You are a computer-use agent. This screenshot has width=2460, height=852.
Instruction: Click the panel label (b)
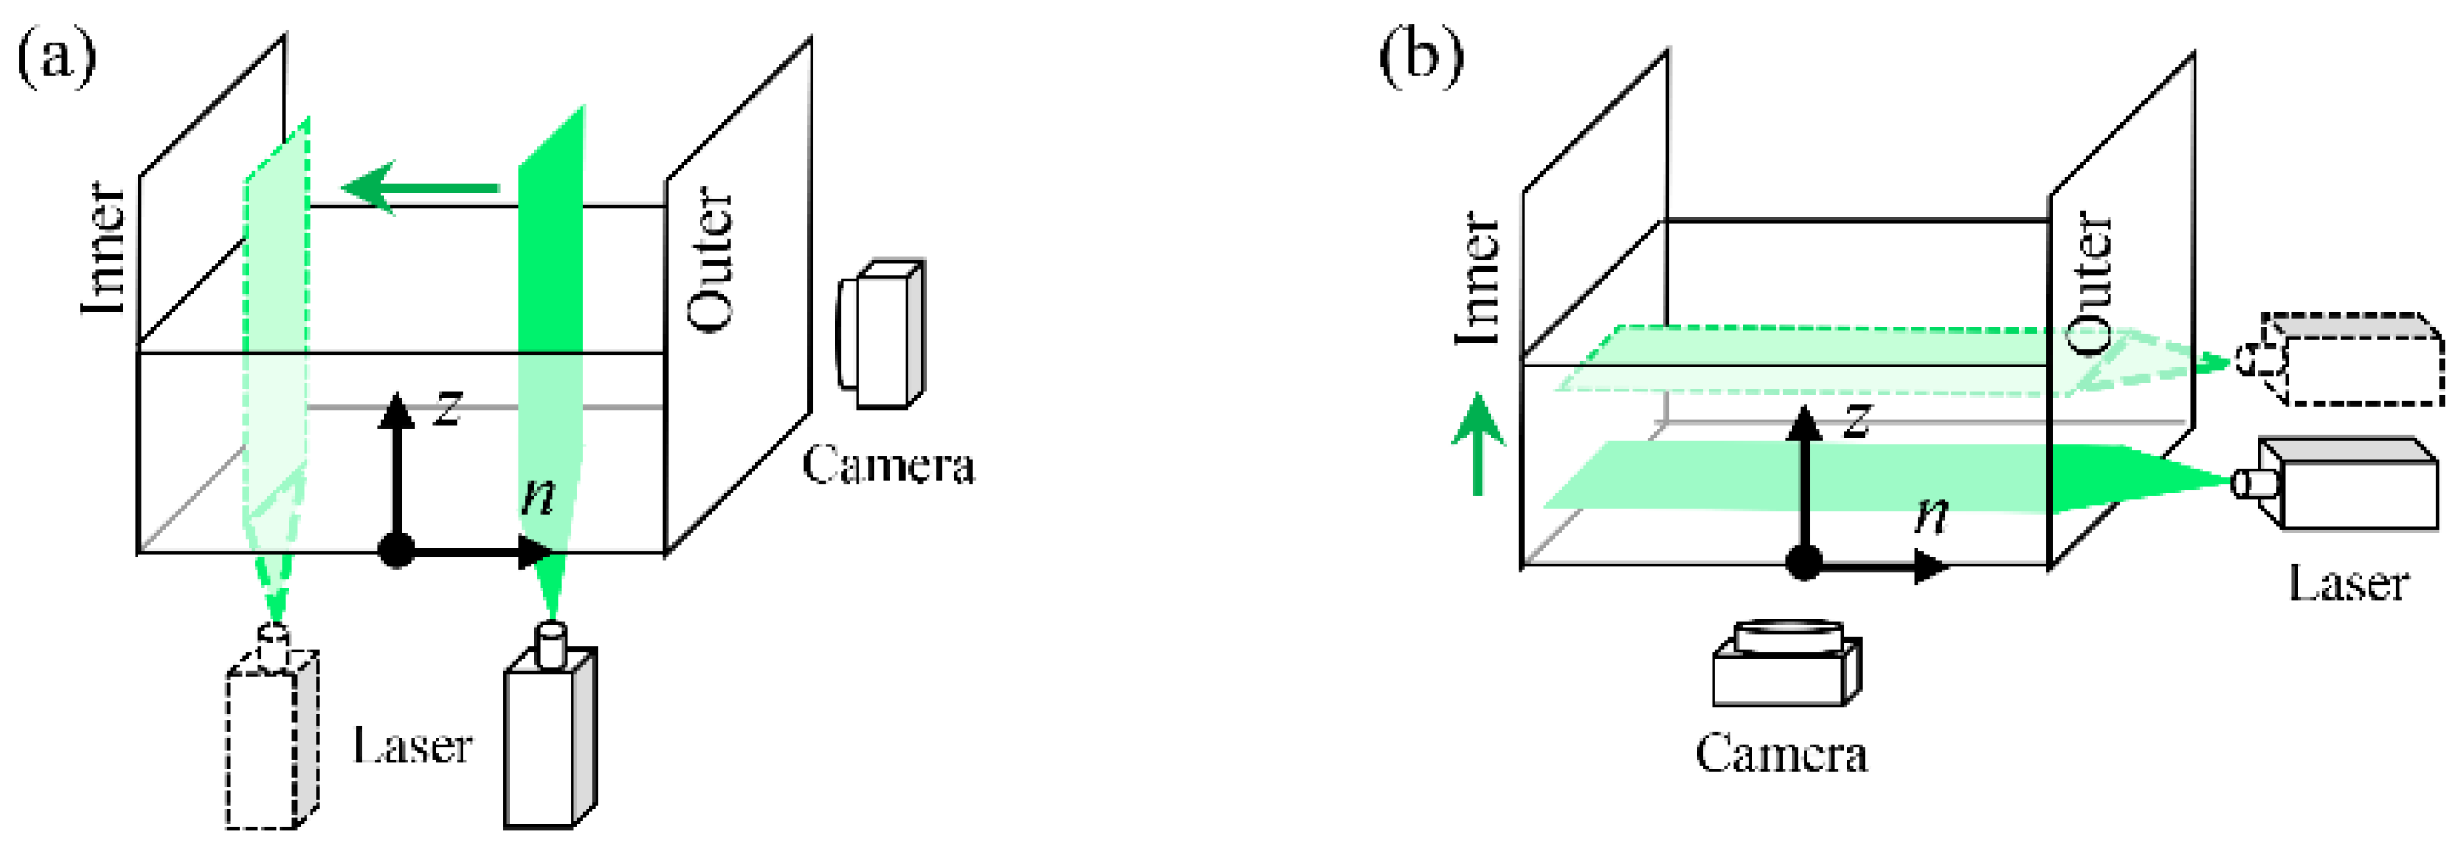coord(1420,59)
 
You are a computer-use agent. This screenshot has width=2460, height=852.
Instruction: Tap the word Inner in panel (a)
coord(103,248)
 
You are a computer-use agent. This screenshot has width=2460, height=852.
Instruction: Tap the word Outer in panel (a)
coord(711,260)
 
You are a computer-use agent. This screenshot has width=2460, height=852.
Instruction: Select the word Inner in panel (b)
coord(1477,279)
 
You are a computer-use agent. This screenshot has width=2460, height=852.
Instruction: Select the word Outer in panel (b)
coord(2089,281)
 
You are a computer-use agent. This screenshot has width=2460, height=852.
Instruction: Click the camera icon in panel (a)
coord(881,335)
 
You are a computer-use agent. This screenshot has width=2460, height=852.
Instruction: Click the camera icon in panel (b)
coord(1786,664)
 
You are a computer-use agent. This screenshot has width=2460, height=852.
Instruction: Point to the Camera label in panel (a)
coord(888,466)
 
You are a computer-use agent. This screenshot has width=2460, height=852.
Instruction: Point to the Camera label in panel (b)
coord(1782,754)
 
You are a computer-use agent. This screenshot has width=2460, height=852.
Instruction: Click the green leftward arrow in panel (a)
coord(420,187)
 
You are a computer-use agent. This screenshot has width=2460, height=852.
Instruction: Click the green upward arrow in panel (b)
coord(1478,444)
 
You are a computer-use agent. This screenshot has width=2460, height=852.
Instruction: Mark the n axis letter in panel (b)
coord(1931,516)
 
